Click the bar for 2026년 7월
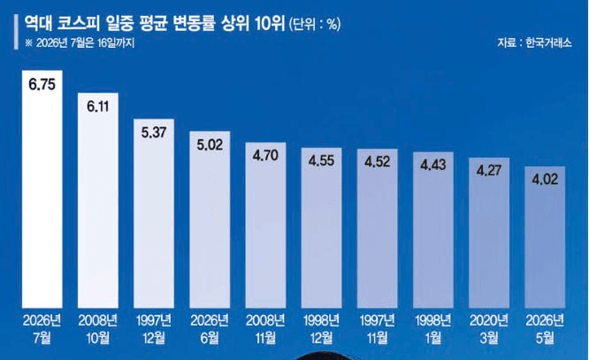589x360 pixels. click(42, 189)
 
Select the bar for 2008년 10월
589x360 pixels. click(98, 200)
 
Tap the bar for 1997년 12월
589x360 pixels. click(154, 213)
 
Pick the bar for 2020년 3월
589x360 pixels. click(489, 233)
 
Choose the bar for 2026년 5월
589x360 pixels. click(545, 237)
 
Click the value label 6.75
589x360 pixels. click(42, 85)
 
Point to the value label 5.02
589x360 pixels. click(210, 145)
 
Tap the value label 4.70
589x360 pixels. click(265, 156)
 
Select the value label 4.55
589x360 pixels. click(322, 161)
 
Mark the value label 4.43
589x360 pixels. click(433, 165)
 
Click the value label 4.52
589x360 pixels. click(378, 162)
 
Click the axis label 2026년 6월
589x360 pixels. click(210, 330)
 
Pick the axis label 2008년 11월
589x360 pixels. click(265, 330)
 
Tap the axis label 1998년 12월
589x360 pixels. click(322, 330)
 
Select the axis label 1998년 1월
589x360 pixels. click(433, 330)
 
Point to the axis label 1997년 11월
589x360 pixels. click(378, 330)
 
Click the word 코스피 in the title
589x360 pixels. click(79, 24)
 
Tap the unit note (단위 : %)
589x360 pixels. click(315, 25)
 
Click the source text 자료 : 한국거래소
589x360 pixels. click(534, 42)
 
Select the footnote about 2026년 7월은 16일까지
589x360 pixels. click(80, 42)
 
